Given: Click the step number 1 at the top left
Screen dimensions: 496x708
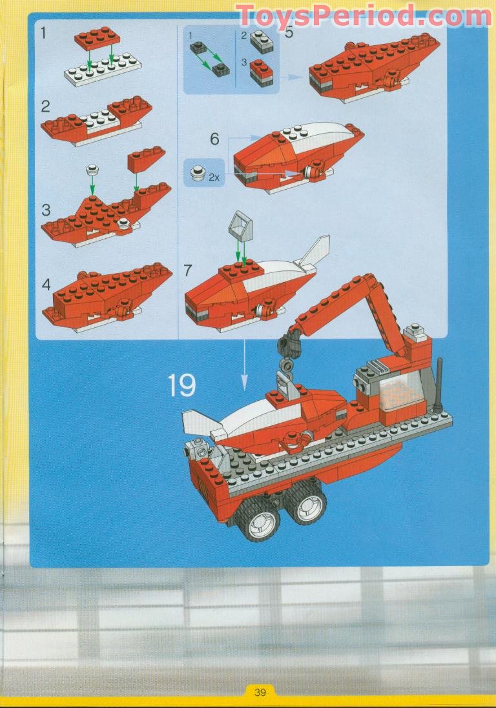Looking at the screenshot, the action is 44,34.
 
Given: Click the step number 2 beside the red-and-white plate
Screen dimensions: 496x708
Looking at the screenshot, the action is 45,106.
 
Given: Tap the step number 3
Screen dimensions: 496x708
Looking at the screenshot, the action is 46,210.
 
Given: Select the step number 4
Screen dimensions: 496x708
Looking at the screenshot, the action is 46,285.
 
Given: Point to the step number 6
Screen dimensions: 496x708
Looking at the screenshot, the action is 214,139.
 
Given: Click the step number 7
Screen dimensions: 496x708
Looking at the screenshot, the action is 188,270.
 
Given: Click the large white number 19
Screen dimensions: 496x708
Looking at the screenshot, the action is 182,385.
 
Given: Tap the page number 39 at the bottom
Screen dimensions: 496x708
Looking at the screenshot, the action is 260,692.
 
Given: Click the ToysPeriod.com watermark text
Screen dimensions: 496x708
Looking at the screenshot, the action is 364,16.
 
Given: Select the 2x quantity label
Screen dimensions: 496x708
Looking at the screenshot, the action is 214,177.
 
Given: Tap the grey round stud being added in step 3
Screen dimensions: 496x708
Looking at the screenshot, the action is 92,170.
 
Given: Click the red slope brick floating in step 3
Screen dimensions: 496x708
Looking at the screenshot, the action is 147,159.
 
